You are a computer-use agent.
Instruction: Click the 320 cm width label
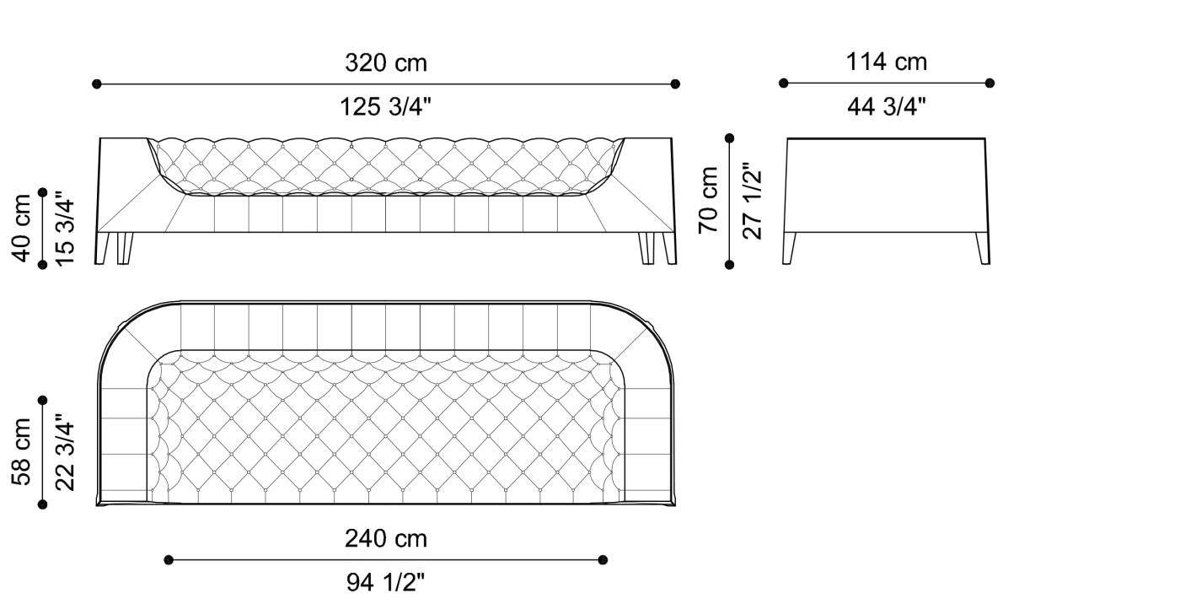pos(385,62)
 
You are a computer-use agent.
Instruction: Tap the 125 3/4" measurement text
pos(385,107)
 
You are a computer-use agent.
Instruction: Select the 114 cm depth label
pos(886,62)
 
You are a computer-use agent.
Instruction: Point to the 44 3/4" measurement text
pos(886,107)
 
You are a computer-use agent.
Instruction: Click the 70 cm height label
pos(708,200)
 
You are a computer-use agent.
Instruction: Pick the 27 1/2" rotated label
pos(752,200)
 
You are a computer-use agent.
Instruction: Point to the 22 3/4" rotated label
pos(66,452)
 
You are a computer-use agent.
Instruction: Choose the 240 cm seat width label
pos(385,538)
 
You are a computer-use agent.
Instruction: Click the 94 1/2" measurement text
pos(385,582)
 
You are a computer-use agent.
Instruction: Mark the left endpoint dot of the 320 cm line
pos(97,84)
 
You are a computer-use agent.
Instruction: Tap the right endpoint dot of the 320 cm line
pos(675,84)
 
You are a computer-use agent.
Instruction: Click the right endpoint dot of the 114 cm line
pos(990,83)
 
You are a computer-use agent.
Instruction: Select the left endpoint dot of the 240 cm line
pos(169,559)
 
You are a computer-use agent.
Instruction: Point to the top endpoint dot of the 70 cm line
pos(730,138)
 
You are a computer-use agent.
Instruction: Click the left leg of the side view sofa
pos(790,248)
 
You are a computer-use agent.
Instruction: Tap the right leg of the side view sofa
pos(983,248)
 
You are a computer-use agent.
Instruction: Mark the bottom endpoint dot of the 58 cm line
pos(43,504)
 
